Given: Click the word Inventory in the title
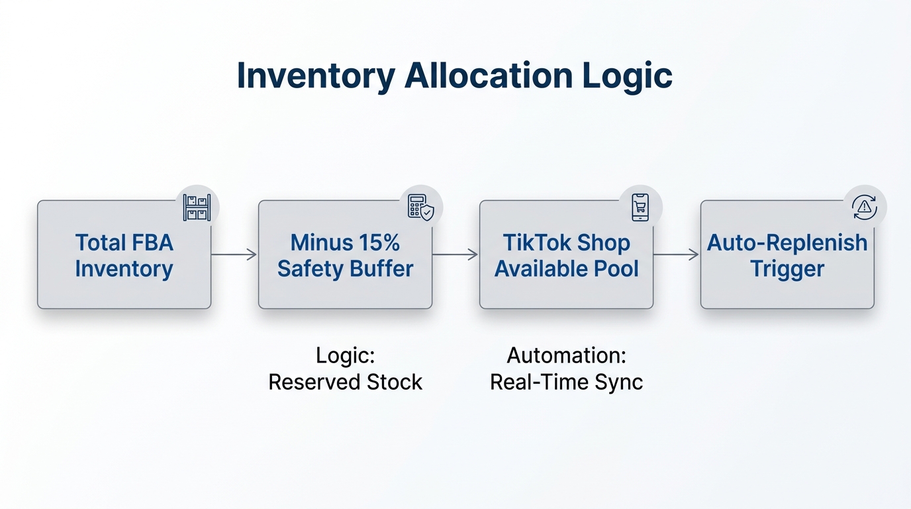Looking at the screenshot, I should coord(315,76).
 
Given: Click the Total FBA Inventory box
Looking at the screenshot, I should coord(124,254).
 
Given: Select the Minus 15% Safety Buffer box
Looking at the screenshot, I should coord(345,254).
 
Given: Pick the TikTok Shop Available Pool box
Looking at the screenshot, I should coord(566,254).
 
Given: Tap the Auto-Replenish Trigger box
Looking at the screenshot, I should coord(787,254).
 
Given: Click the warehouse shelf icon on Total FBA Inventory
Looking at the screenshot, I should coord(197,207).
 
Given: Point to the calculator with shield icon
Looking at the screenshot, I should coord(420,207).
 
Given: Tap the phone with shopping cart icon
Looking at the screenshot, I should coord(640,207).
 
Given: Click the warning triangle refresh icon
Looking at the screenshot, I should coord(864,207).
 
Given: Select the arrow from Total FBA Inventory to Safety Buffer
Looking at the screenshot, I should coord(234,254).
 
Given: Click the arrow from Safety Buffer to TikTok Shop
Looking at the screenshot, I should coord(455,254).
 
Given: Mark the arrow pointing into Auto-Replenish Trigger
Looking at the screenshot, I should coord(677,254).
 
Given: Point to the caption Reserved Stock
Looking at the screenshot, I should coord(345,382).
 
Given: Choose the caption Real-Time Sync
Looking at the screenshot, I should coord(566,382).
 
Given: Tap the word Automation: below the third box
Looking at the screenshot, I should coord(566,356).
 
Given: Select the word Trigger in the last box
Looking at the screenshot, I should coord(787,269).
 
